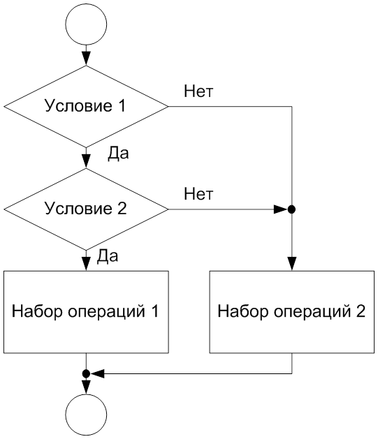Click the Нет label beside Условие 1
pos(198,91)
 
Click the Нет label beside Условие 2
pos(198,194)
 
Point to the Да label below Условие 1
pos(118,154)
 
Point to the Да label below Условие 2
pos(108,256)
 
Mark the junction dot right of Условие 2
pos(291,209)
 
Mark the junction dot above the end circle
pos(86,373)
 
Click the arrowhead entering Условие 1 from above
pos(86,59)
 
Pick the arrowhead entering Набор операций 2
pos(291,264)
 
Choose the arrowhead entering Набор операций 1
pos(86,264)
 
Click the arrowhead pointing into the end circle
pos(86,387)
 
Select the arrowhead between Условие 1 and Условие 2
pos(86,161)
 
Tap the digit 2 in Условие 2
pos(122,209)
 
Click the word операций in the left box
pos(107,311)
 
